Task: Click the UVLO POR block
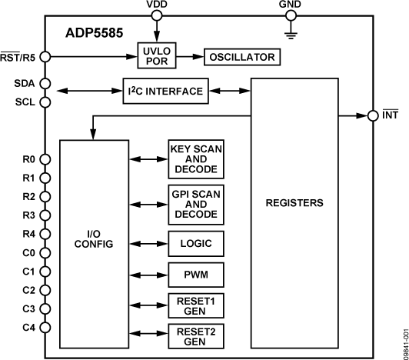(157, 56)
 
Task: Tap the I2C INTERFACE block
(166, 91)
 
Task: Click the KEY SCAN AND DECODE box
(196, 158)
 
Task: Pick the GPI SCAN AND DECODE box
(196, 204)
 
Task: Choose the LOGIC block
(196, 245)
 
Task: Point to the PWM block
(196, 275)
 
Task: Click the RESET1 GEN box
(196, 305)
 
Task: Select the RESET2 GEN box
(196, 336)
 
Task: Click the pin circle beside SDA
(45, 83)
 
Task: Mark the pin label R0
(28, 160)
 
